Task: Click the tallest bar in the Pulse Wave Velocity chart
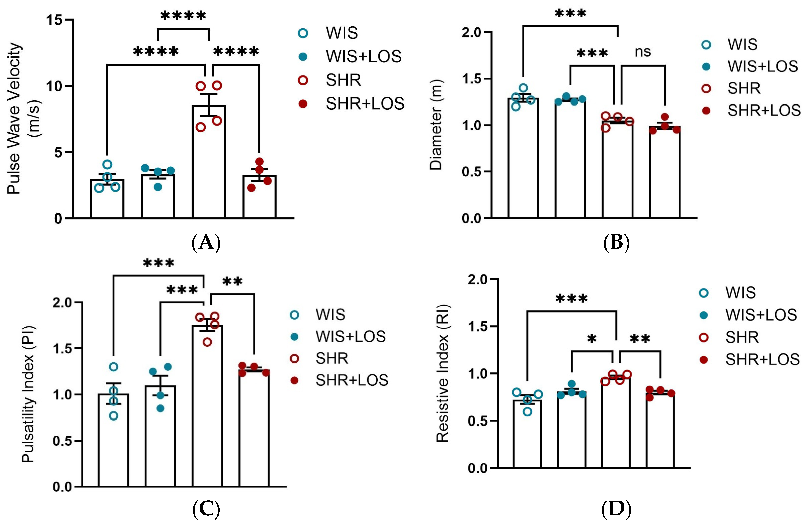(209, 163)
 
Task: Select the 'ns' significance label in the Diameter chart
(643, 52)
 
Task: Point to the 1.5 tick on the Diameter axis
(472, 79)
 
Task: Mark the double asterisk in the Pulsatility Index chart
(233, 282)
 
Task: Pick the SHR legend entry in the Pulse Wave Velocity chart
(343, 80)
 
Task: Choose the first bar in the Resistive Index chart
(527, 434)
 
